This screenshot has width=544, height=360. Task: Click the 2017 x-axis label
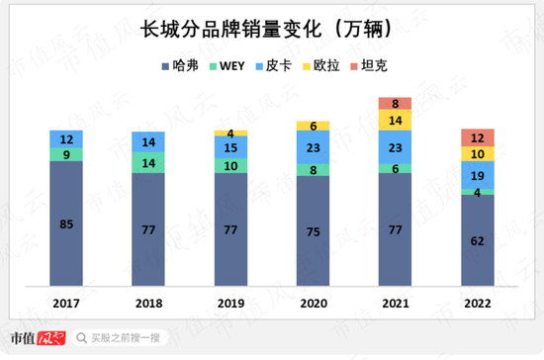[x=66, y=304]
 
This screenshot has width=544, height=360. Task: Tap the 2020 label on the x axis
[x=313, y=304]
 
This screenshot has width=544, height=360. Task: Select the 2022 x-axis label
[x=477, y=304]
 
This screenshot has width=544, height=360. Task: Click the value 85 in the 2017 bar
[x=66, y=224]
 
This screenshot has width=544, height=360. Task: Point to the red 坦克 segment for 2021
[x=395, y=103]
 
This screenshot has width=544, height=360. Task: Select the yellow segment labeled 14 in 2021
[x=395, y=120]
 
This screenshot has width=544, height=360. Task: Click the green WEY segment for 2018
[x=148, y=162]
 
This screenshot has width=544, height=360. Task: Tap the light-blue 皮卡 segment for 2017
[x=66, y=139]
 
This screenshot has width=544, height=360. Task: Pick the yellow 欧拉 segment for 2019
[x=230, y=133]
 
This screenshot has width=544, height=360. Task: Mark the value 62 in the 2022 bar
[x=477, y=239]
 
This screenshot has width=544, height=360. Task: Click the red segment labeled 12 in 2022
[x=477, y=137]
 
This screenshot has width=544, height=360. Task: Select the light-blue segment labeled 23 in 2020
[x=313, y=147]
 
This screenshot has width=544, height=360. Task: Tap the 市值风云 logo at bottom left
[x=37, y=338]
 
